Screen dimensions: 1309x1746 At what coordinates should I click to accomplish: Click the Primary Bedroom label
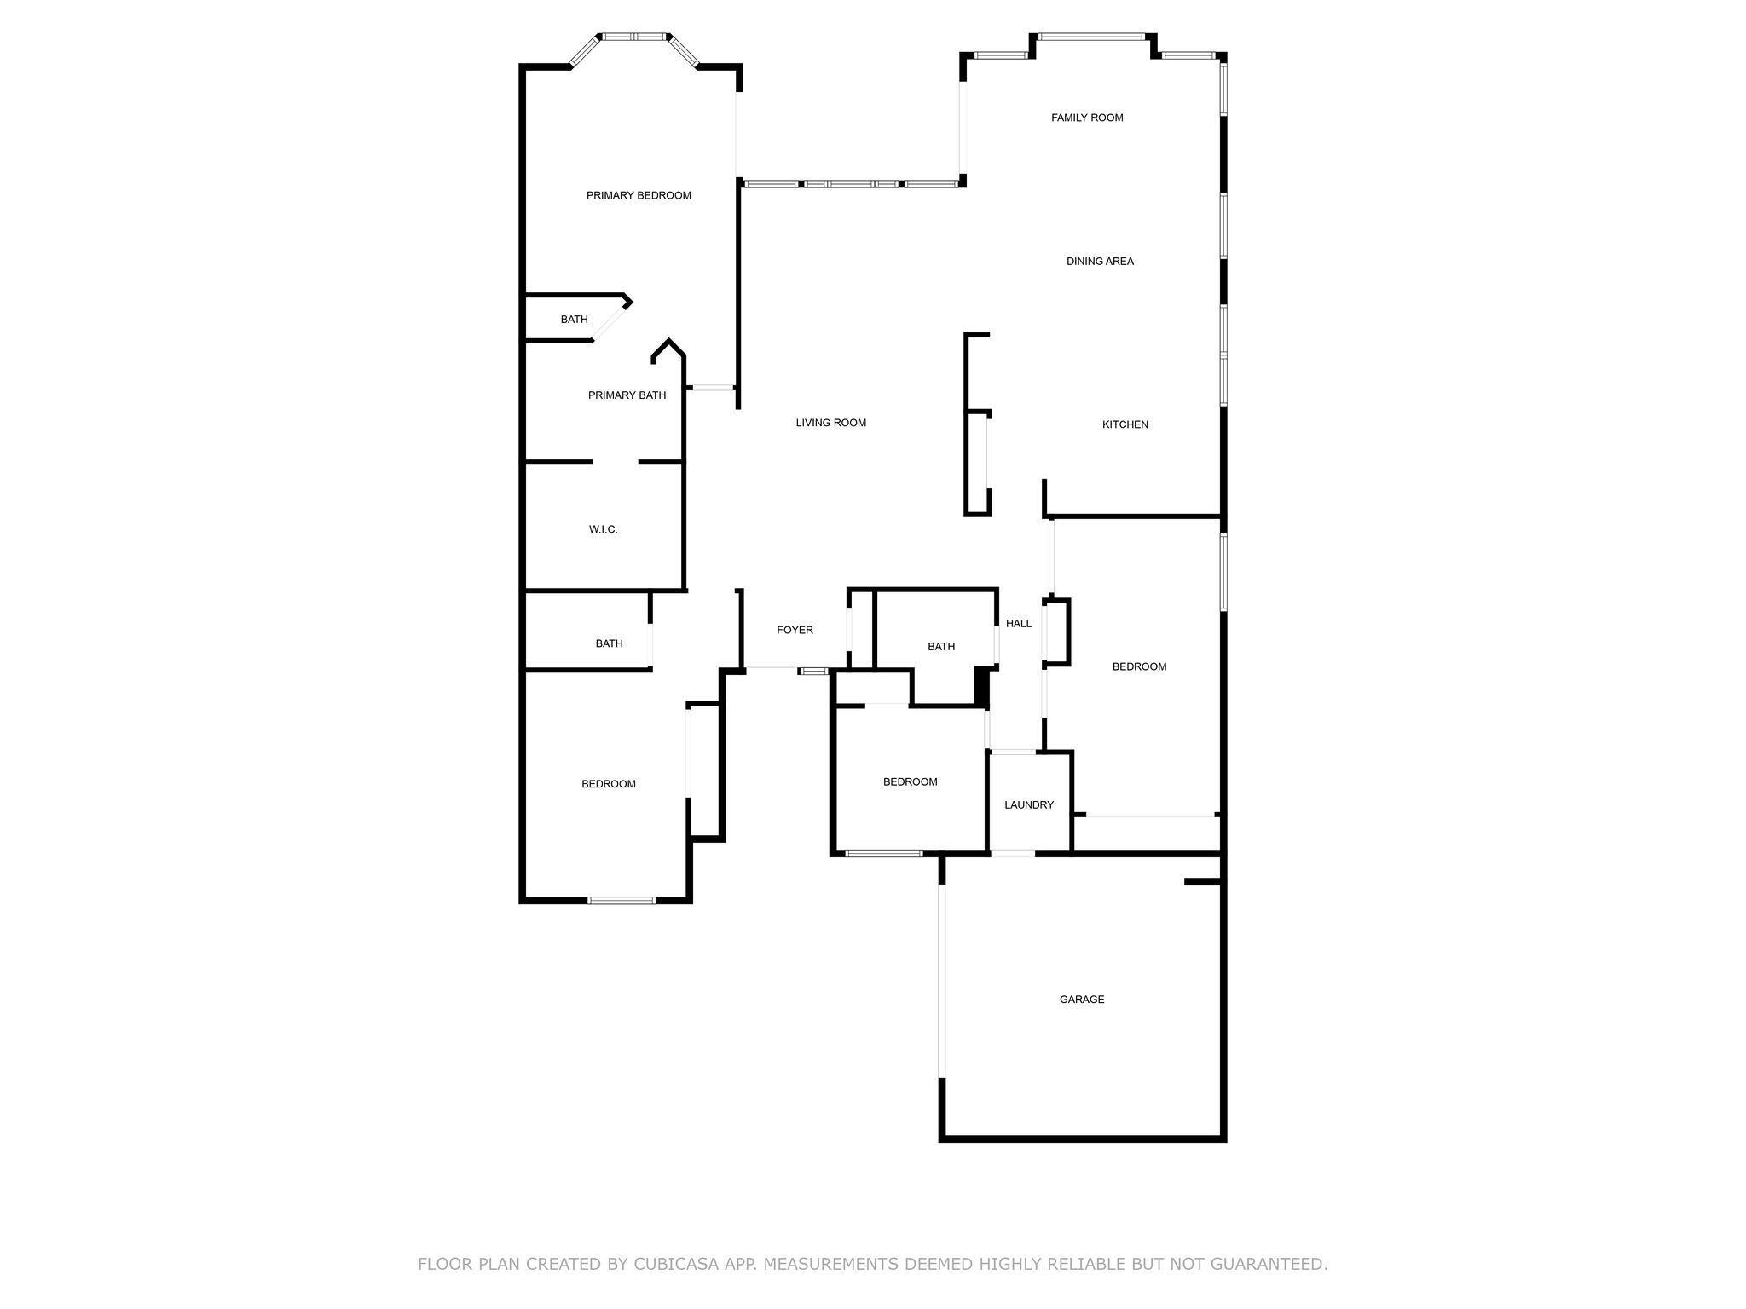click(639, 196)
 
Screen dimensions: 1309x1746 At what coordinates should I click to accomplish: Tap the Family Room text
click(1087, 118)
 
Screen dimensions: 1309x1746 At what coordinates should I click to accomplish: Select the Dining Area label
click(1100, 262)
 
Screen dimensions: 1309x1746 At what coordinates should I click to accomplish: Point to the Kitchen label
click(1125, 424)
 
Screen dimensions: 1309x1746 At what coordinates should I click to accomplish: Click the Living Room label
click(831, 423)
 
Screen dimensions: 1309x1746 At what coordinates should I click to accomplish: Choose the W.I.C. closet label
click(603, 529)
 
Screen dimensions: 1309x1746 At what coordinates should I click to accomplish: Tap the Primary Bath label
click(627, 395)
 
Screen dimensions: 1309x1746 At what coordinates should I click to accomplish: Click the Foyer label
click(795, 630)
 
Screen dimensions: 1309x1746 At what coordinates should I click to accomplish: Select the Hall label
click(1019, 624)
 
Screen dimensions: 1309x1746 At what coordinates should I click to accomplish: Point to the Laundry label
click(1029, 804)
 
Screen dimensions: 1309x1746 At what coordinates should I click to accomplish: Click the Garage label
click(1082, 1000)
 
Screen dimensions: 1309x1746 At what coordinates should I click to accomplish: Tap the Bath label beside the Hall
click(941, 647)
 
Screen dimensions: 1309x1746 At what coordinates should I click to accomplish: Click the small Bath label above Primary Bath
click(574, 320)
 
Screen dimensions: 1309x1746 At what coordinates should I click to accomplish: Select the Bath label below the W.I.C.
click(609, 643)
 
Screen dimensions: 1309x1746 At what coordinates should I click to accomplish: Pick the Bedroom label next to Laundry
click(910, 781)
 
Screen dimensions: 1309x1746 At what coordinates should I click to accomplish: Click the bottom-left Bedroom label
click(609, 784)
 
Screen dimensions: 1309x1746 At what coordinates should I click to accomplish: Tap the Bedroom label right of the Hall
click(1139, 666)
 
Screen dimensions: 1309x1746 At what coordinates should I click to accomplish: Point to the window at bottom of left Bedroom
click(622, 900)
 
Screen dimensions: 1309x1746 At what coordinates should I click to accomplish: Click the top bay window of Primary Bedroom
click(634, 37)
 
